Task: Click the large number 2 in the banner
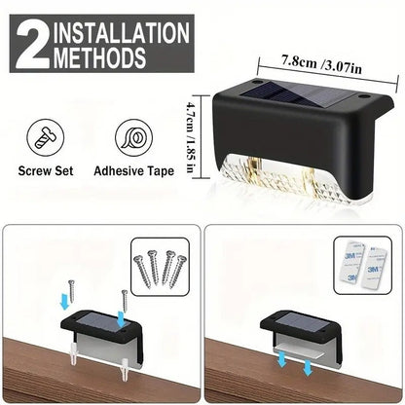click(32, 44)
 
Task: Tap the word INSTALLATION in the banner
click(122, 32)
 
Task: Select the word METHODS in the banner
click(99, 57)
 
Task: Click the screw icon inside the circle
click(45, 137)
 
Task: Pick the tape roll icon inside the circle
click(133, 138)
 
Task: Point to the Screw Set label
click(46, 171)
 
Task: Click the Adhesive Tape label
click(133, 171)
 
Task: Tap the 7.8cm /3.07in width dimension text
click(321, 65)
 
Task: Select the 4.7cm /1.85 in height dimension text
click(191, 137)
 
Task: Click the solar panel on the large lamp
click(300, 95)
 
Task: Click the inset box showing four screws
click(160, 267)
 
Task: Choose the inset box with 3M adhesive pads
click(363, 265)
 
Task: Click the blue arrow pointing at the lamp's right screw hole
click(121, 319)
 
